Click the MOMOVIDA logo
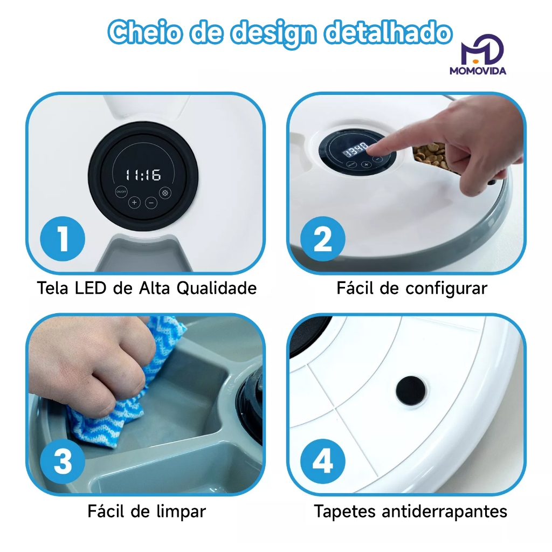(x=478, y=54)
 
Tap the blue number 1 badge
(x=63, y=239)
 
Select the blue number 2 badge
(x=322, y=239)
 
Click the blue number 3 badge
(x=63, y=461)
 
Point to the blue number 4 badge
(x=322, y=461)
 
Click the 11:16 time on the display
(x=143, y=175)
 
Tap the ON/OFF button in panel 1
(x=121, y=192)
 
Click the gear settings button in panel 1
(x=165, y=193)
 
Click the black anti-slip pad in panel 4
(x=410, y=391)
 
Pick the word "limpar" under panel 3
(x=181, y=512)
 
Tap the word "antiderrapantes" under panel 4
(x=444, y=512)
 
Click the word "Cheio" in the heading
(x=145, y=32)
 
